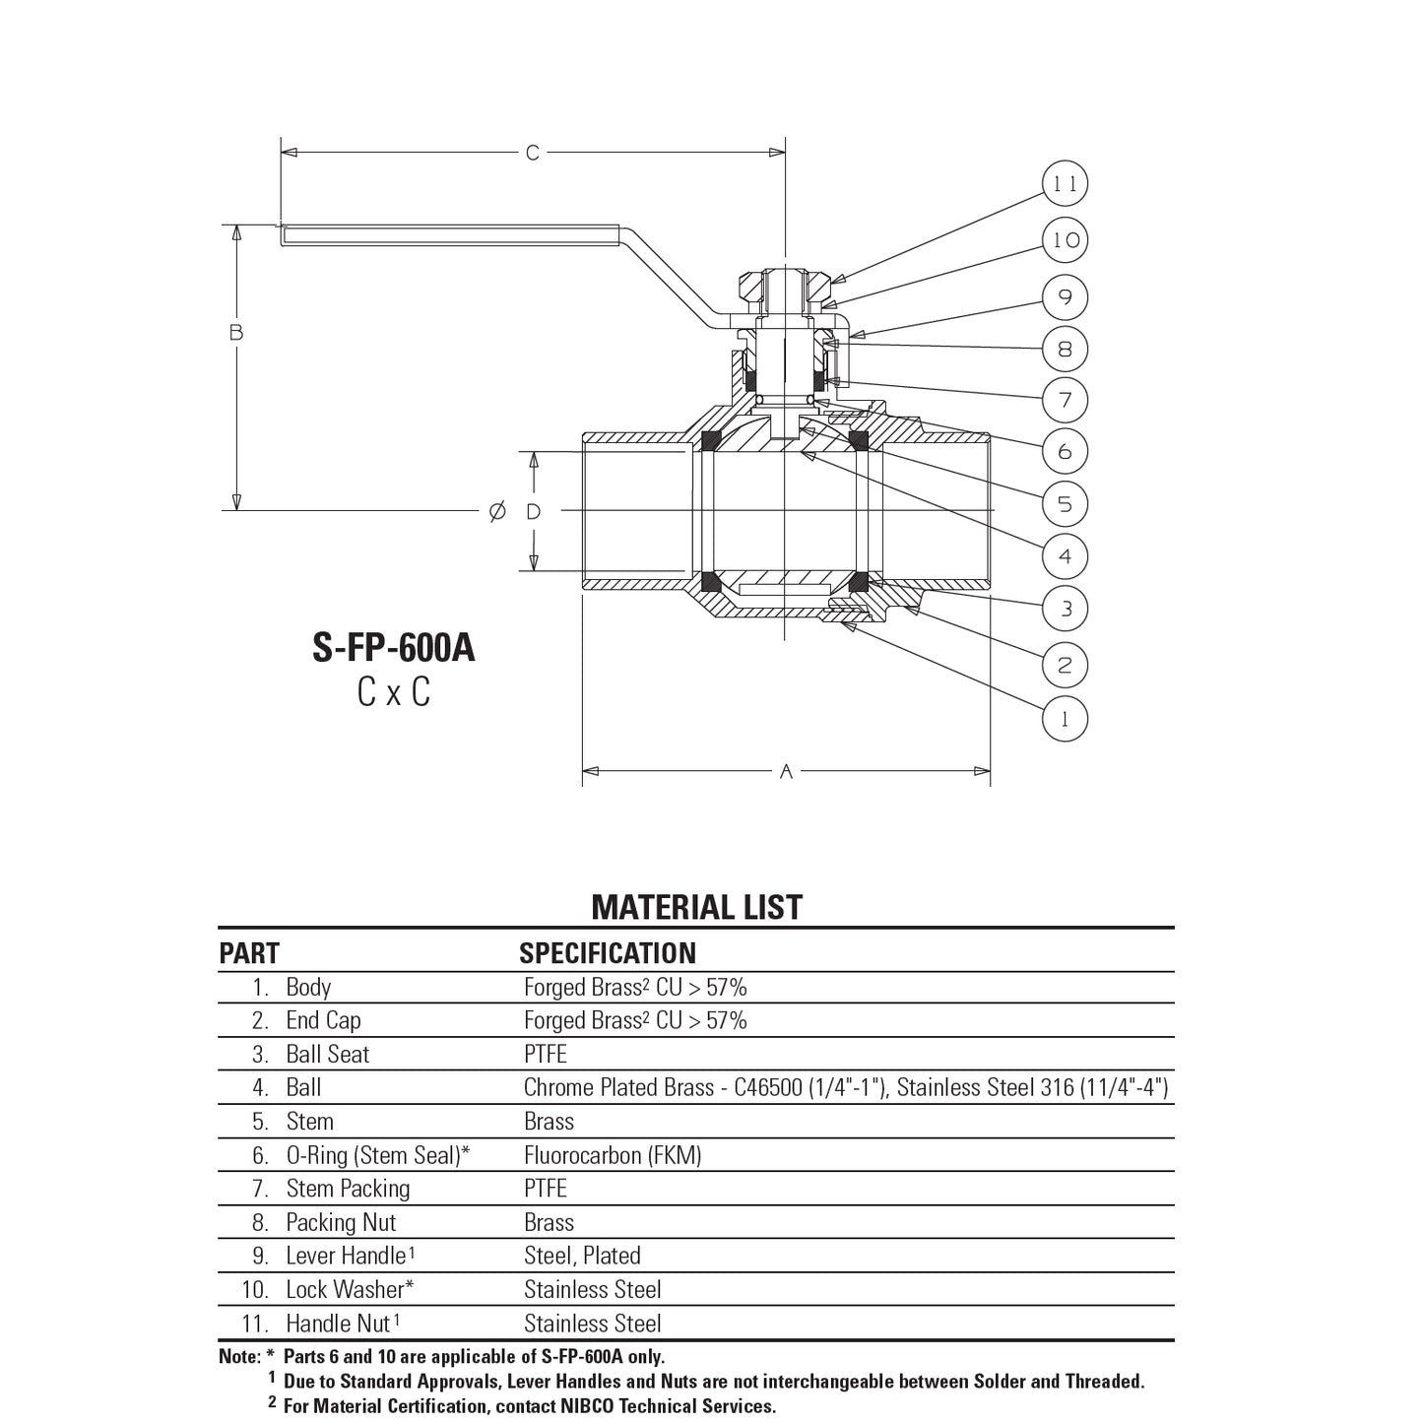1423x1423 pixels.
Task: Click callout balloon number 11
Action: (1065, 184)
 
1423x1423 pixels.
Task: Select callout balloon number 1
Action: (1065, 718)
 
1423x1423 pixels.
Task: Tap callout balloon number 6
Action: (1065, 451)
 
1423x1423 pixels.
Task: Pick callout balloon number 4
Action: (1065, 556)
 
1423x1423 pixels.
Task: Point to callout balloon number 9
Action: (1065, 296)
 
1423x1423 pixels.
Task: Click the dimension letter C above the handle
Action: (533, 153)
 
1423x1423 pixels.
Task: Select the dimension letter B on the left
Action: (236, 333)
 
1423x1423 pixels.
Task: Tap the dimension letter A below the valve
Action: (786, 772)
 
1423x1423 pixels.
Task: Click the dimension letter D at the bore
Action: (534, 511)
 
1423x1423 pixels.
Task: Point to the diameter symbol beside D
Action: (497, 511)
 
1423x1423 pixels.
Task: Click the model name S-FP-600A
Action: (394, 648)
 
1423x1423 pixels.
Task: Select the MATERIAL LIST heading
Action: (696, 907)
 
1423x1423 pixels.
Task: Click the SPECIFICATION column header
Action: (607, 953)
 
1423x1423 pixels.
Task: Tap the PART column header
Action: (249, 953)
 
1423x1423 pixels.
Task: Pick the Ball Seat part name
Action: (327, 1055)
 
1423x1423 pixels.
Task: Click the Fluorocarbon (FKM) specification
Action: (613, 1155)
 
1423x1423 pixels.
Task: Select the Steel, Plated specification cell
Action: (582, 1256)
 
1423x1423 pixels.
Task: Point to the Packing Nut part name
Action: (341, 1223)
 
